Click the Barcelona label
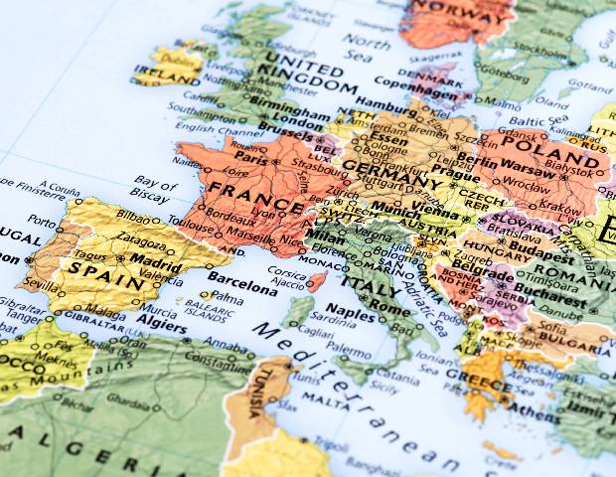pyautogui.click(x=242, y=289)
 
